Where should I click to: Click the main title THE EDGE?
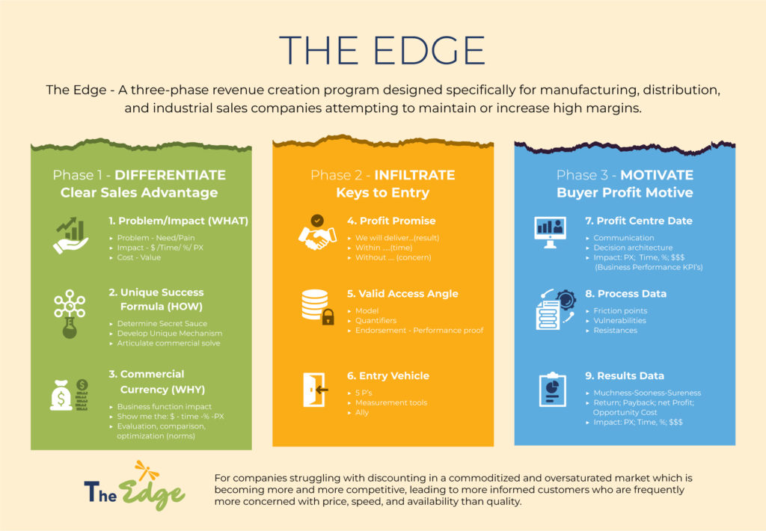tap(382, 50)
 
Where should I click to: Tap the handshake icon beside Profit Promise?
tap(317, 233)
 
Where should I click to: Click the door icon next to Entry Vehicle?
tap(315, 390)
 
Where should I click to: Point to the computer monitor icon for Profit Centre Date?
tap(550, 233)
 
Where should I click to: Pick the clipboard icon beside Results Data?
tap(553, 390)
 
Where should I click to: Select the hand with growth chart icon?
tap(71, 236)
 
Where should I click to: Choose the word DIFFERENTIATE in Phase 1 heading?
tap(170, 175)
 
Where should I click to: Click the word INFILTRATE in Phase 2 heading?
tap(414, 175)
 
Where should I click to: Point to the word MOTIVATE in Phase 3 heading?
tap(657, 175)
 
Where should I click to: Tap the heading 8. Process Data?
tap(626, 294)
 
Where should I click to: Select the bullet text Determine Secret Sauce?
tap(162, 323)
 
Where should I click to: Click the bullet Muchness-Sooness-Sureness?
tap(647, 393)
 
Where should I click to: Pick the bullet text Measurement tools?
tap(391, 402)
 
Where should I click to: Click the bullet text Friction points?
tap(620, 310)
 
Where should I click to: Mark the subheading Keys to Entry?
tap(383, 192)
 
